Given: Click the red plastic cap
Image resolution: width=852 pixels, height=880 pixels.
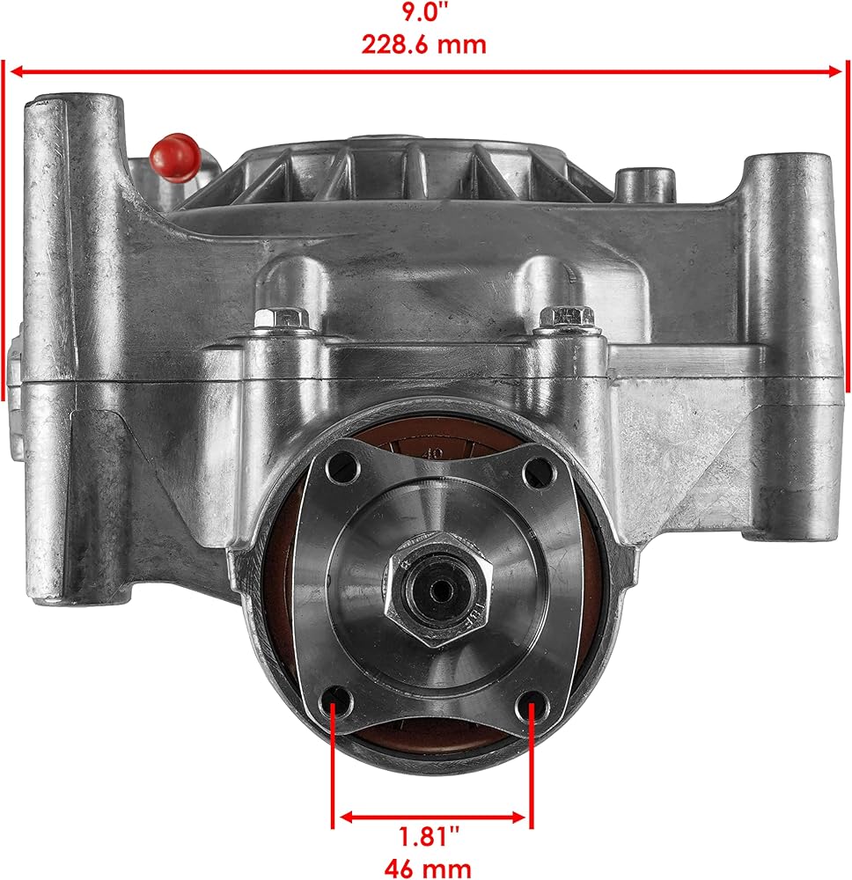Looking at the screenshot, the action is (174, 157).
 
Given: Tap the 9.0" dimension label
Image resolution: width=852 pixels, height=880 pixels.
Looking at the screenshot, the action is (424, 11).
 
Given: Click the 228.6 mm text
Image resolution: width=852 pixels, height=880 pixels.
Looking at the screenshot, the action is (423, 44).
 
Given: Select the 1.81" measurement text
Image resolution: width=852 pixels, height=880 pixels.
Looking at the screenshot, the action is (429, 836).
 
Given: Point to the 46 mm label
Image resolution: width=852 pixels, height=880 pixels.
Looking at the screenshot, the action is (428, 868).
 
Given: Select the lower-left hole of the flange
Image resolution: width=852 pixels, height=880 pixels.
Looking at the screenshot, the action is (339, 701).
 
